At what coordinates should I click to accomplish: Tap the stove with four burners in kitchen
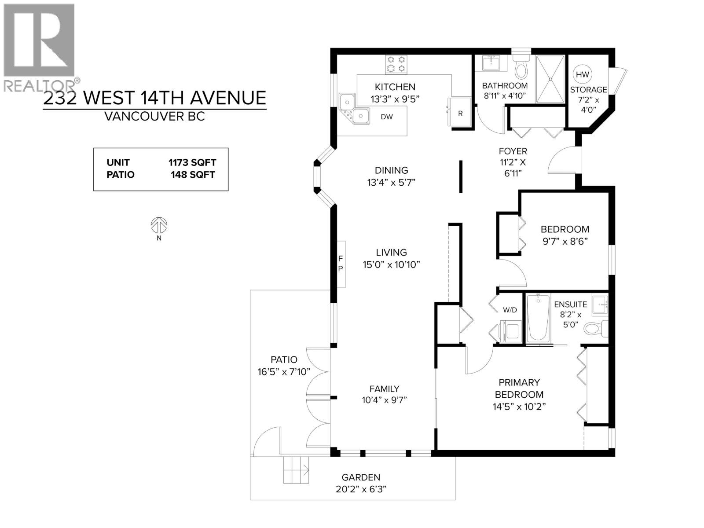point(396,64)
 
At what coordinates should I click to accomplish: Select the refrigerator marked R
point(460,113)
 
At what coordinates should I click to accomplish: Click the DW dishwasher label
point(386,117)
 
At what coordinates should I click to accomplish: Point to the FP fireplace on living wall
point(341,264)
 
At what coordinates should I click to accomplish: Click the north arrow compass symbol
point(159,226)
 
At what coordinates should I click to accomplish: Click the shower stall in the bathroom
point(550,79)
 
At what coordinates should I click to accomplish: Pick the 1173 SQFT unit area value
point(192,163)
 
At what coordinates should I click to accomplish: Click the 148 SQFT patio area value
point(193,175)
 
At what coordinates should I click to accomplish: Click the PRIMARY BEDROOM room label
point(519,389)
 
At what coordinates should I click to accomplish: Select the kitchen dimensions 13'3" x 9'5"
point(395,99)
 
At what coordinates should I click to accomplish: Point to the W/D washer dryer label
point(510,310)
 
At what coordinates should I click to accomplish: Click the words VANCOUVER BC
point(154,117)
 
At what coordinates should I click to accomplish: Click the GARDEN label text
point(361,477)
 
